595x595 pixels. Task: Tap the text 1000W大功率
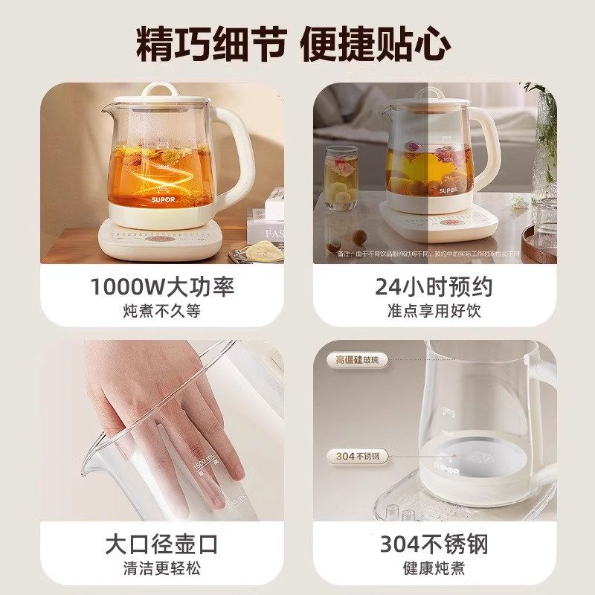[x=161, y=287]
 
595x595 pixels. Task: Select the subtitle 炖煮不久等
[x=161, y=311]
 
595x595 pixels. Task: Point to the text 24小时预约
[x=432, y=287]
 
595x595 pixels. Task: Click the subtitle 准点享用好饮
[x=432, y=311]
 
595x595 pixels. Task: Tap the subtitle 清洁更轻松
[x=161, y=570]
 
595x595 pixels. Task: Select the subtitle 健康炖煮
[x=432, y=570]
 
